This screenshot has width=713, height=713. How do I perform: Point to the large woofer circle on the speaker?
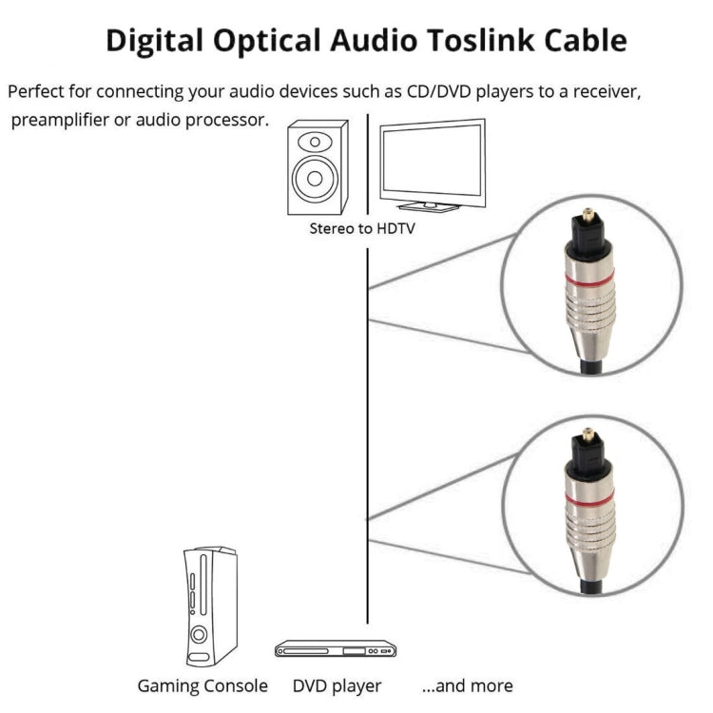(x=316, y=179)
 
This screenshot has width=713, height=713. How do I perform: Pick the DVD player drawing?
(x=336, y=649)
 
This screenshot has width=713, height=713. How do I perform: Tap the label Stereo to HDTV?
(x=362, y=228)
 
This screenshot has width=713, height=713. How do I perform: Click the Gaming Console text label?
(x=202, y=685)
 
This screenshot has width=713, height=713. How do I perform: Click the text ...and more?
(x=467, y=685)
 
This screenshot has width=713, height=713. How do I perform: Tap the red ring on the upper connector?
(x=589, y=277)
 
